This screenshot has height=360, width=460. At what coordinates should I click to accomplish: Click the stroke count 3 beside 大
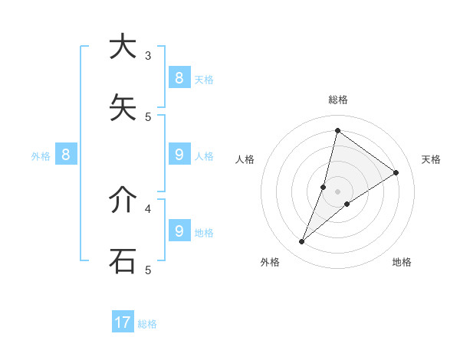point(148,55)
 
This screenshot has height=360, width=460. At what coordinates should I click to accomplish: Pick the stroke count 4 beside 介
point(148,208)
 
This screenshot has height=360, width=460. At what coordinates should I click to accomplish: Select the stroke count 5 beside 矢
point(148,116)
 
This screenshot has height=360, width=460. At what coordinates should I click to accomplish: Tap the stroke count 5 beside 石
point(148,269)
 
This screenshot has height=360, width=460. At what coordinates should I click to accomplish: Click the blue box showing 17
point(123,322)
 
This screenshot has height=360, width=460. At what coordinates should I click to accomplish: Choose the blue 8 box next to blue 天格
point(179,77)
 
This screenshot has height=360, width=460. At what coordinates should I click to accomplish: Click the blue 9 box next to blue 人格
point(179,155)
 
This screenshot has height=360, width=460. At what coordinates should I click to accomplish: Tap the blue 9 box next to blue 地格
point(179,231)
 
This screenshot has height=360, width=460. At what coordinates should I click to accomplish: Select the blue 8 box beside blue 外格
point(66,155)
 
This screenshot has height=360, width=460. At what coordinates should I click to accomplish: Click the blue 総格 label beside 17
point(147,324)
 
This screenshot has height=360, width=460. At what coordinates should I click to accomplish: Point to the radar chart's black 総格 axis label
point(338,100)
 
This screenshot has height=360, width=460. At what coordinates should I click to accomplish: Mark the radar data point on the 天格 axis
point(396,173)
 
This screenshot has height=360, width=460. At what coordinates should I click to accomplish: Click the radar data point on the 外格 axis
point(302,242)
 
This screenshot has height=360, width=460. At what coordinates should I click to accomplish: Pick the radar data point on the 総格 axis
point(337,130)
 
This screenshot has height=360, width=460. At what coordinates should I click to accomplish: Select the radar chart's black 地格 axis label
point(402,262)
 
